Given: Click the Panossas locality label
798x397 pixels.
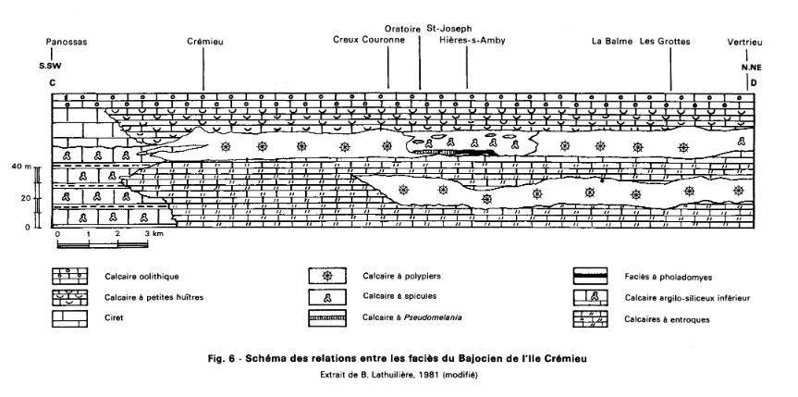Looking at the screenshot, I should click(x=66, y=42).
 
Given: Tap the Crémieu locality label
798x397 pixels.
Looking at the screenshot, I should click(x=205, y=42).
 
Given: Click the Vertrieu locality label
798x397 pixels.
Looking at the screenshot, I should click(x=747, y=42).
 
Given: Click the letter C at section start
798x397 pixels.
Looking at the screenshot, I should click(x=53, y=82).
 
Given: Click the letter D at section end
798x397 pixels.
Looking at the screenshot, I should click(x=755, y=82).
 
